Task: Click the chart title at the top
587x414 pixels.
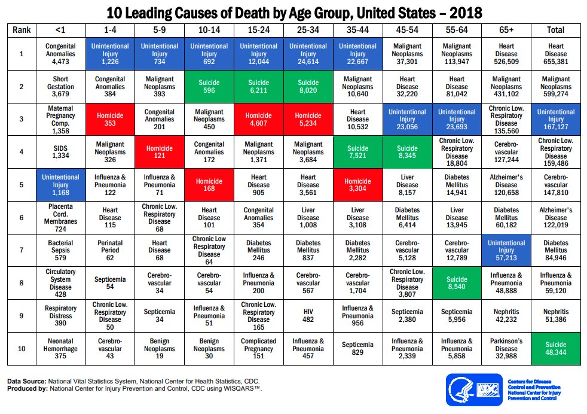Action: (293, 12)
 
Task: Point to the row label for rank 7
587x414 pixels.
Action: (22, 251)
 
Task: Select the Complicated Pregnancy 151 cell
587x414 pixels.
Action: (260, 348)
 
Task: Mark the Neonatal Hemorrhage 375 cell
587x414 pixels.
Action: (60, 348)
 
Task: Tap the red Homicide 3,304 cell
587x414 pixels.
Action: (358, 185)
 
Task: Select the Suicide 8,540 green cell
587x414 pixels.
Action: (457, 283)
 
